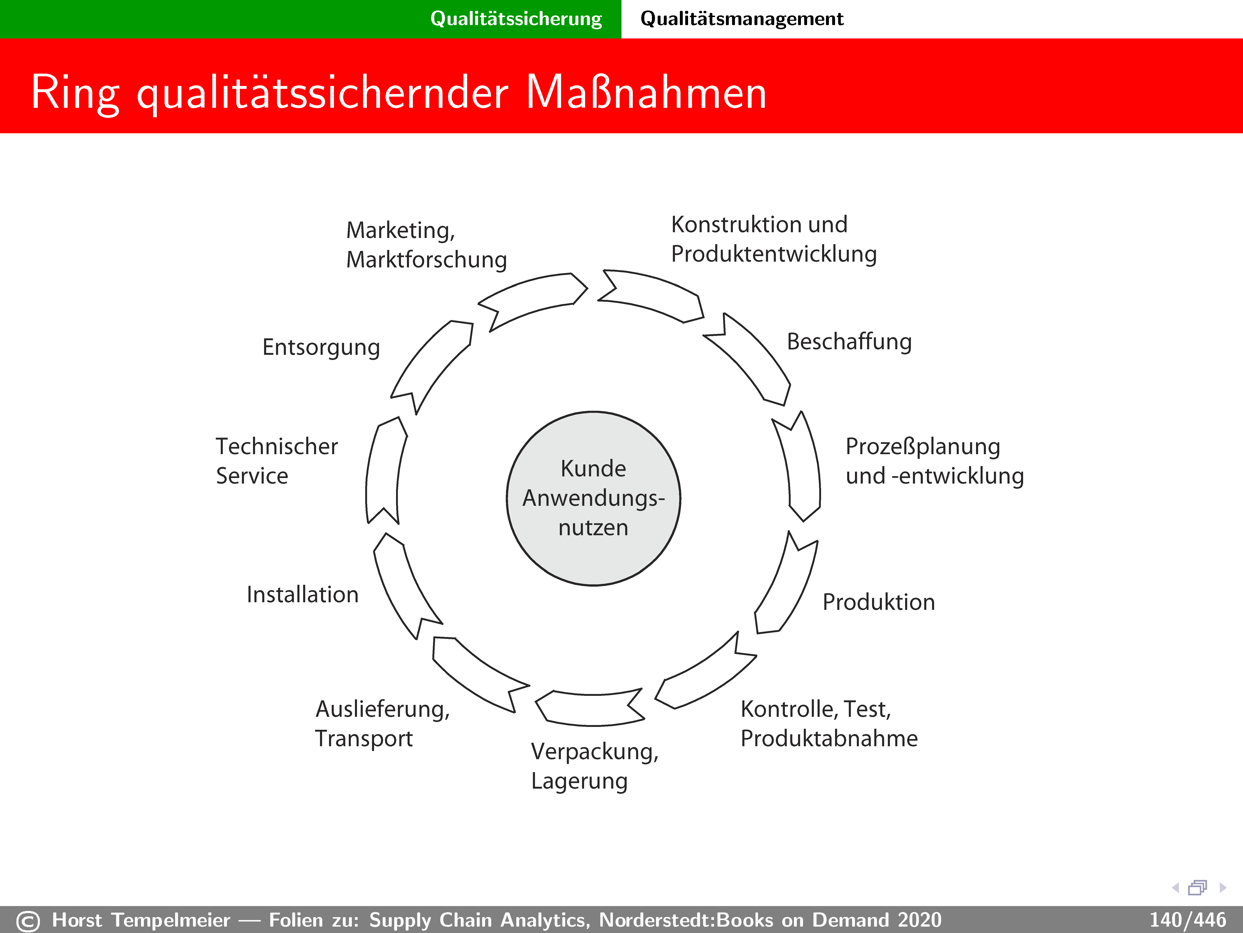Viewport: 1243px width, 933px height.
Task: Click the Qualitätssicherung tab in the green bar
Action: [x=516, y=19]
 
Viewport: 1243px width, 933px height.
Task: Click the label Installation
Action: [x=302, y=594]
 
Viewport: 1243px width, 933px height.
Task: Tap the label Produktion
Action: [x=878, y=602]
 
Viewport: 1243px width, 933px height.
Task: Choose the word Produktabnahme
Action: [x=829, y=738]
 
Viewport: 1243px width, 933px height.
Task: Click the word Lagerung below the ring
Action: [x=579, y=781]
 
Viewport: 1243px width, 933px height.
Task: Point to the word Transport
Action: [x=364, y=738]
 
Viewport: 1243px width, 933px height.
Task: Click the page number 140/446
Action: [x=1187, y=920]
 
